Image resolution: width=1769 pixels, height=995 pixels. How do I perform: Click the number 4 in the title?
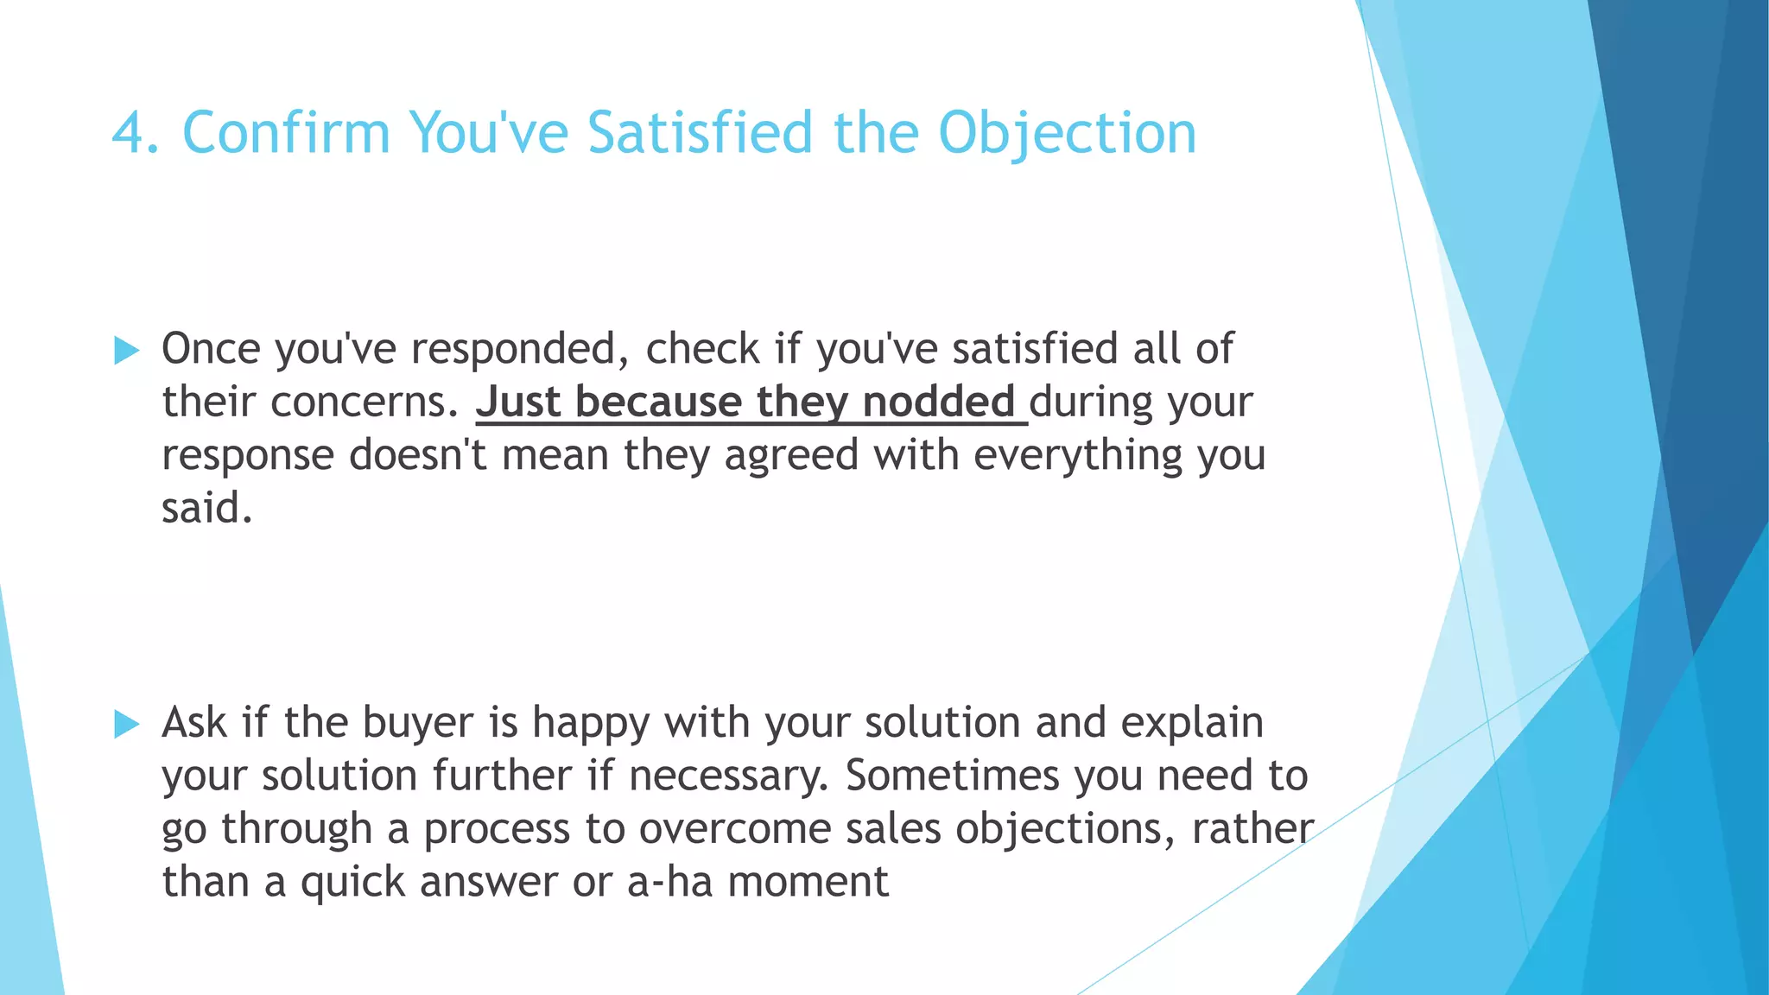pyautogui.click(x=130, y=134)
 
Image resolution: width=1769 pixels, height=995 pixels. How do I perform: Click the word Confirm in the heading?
pyautogui.click(x=286, y=134)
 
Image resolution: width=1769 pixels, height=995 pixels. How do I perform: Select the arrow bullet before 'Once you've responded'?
pyautogui.click(x=126, y=351)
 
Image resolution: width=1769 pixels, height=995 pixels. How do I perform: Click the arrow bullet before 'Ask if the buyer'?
pyautogui.click(x=126, y=724)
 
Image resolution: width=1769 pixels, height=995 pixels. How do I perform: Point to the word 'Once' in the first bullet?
pyautogui.click(x=211, y=349)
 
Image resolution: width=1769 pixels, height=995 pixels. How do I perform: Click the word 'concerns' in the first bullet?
pyautogui.click(x=363, y=402)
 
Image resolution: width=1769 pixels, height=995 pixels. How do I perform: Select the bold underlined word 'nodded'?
pyautogui.click(x=938, y=402)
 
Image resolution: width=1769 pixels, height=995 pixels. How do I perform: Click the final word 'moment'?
pyautogui.click(x=808, y=883)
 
